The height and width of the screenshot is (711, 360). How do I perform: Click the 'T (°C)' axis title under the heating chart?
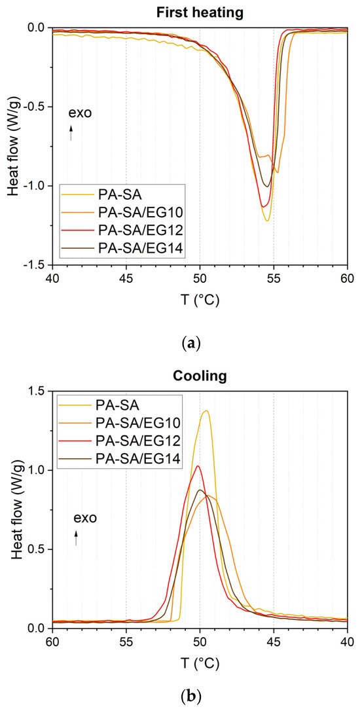[x=200, y=301]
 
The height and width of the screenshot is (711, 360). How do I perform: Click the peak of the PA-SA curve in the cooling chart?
[x=206, y=410]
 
